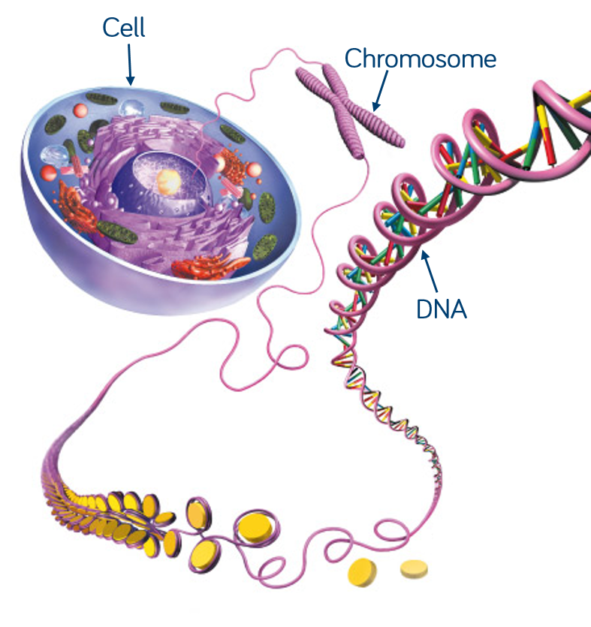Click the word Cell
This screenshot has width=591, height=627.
click(123, 29)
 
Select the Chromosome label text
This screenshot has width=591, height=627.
click(421, 59)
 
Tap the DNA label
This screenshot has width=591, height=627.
click(442, 309)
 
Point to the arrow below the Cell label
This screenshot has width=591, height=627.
click(130, 63)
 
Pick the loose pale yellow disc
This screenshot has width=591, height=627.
click(413, 568)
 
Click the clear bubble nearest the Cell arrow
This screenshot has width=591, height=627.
click(133, 108)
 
